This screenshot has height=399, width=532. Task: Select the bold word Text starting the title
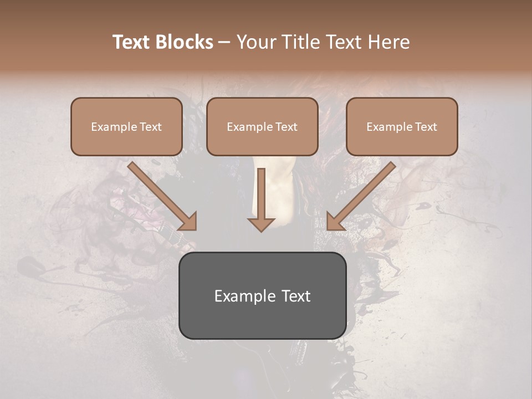coord(133,42)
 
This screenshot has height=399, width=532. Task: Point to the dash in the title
coord(224,42)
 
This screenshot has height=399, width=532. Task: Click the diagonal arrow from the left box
coord(161,195)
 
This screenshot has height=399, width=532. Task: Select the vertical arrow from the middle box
coord(261,194)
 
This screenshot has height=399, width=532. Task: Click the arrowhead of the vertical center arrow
coord(261,224)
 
